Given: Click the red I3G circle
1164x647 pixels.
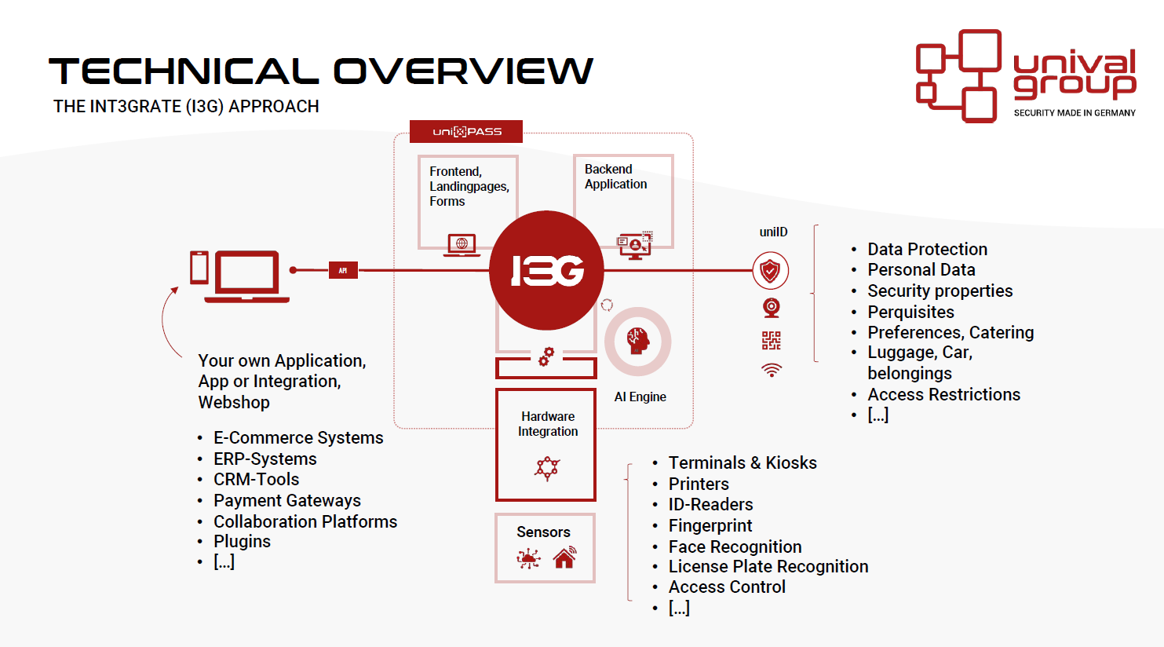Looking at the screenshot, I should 546,270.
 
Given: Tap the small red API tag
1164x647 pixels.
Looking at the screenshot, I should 343,270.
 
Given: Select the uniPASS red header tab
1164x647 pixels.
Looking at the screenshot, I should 466,131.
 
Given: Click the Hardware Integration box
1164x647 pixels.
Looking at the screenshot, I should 546,444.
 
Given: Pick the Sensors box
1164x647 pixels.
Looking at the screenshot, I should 545,547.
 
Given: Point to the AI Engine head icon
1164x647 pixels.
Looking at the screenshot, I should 637,341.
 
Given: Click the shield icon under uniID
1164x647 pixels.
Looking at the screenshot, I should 770,271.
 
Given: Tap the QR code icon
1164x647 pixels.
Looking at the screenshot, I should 772,340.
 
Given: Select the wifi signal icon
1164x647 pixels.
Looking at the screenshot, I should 772,370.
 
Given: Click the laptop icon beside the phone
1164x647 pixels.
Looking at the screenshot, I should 247,276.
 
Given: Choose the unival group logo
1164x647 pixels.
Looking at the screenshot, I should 1026,76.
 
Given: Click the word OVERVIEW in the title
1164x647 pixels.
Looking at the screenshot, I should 464,71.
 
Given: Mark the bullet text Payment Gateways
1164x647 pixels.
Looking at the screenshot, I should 287,500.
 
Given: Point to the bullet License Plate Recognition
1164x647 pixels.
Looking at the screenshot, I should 768,566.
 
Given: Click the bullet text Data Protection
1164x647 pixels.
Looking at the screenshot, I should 927,249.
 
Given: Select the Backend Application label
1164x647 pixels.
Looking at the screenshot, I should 615,177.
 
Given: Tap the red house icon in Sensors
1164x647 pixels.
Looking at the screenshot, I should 564,558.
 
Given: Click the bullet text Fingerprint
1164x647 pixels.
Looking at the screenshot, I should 710,525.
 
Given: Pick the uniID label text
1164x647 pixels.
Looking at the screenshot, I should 773,232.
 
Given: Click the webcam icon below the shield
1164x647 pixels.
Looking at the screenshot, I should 772,308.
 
